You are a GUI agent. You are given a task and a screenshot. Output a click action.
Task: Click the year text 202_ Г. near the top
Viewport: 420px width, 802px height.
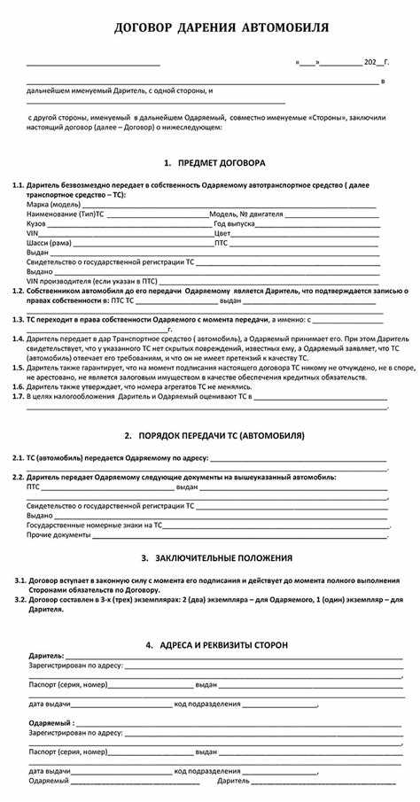tap(376, 64)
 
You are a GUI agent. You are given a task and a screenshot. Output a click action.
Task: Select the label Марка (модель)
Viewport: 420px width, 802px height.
tap(54, 205)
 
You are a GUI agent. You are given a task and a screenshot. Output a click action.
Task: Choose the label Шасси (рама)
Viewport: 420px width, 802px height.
tap(50, 243)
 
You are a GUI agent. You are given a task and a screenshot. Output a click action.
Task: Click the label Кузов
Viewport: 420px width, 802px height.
tap(37, 224)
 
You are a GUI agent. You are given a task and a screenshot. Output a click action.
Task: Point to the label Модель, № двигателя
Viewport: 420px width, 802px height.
tap(246, 214)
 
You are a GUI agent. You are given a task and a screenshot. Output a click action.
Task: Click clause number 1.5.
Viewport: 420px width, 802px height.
tap(18, 366)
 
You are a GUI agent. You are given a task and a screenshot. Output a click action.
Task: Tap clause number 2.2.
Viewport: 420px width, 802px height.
tap(18, 477)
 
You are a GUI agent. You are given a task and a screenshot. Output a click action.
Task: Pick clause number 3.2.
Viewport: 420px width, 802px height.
tap(20, 600)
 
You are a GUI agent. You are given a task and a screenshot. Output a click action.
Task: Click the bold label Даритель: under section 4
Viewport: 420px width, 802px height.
tap(45, 655)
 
